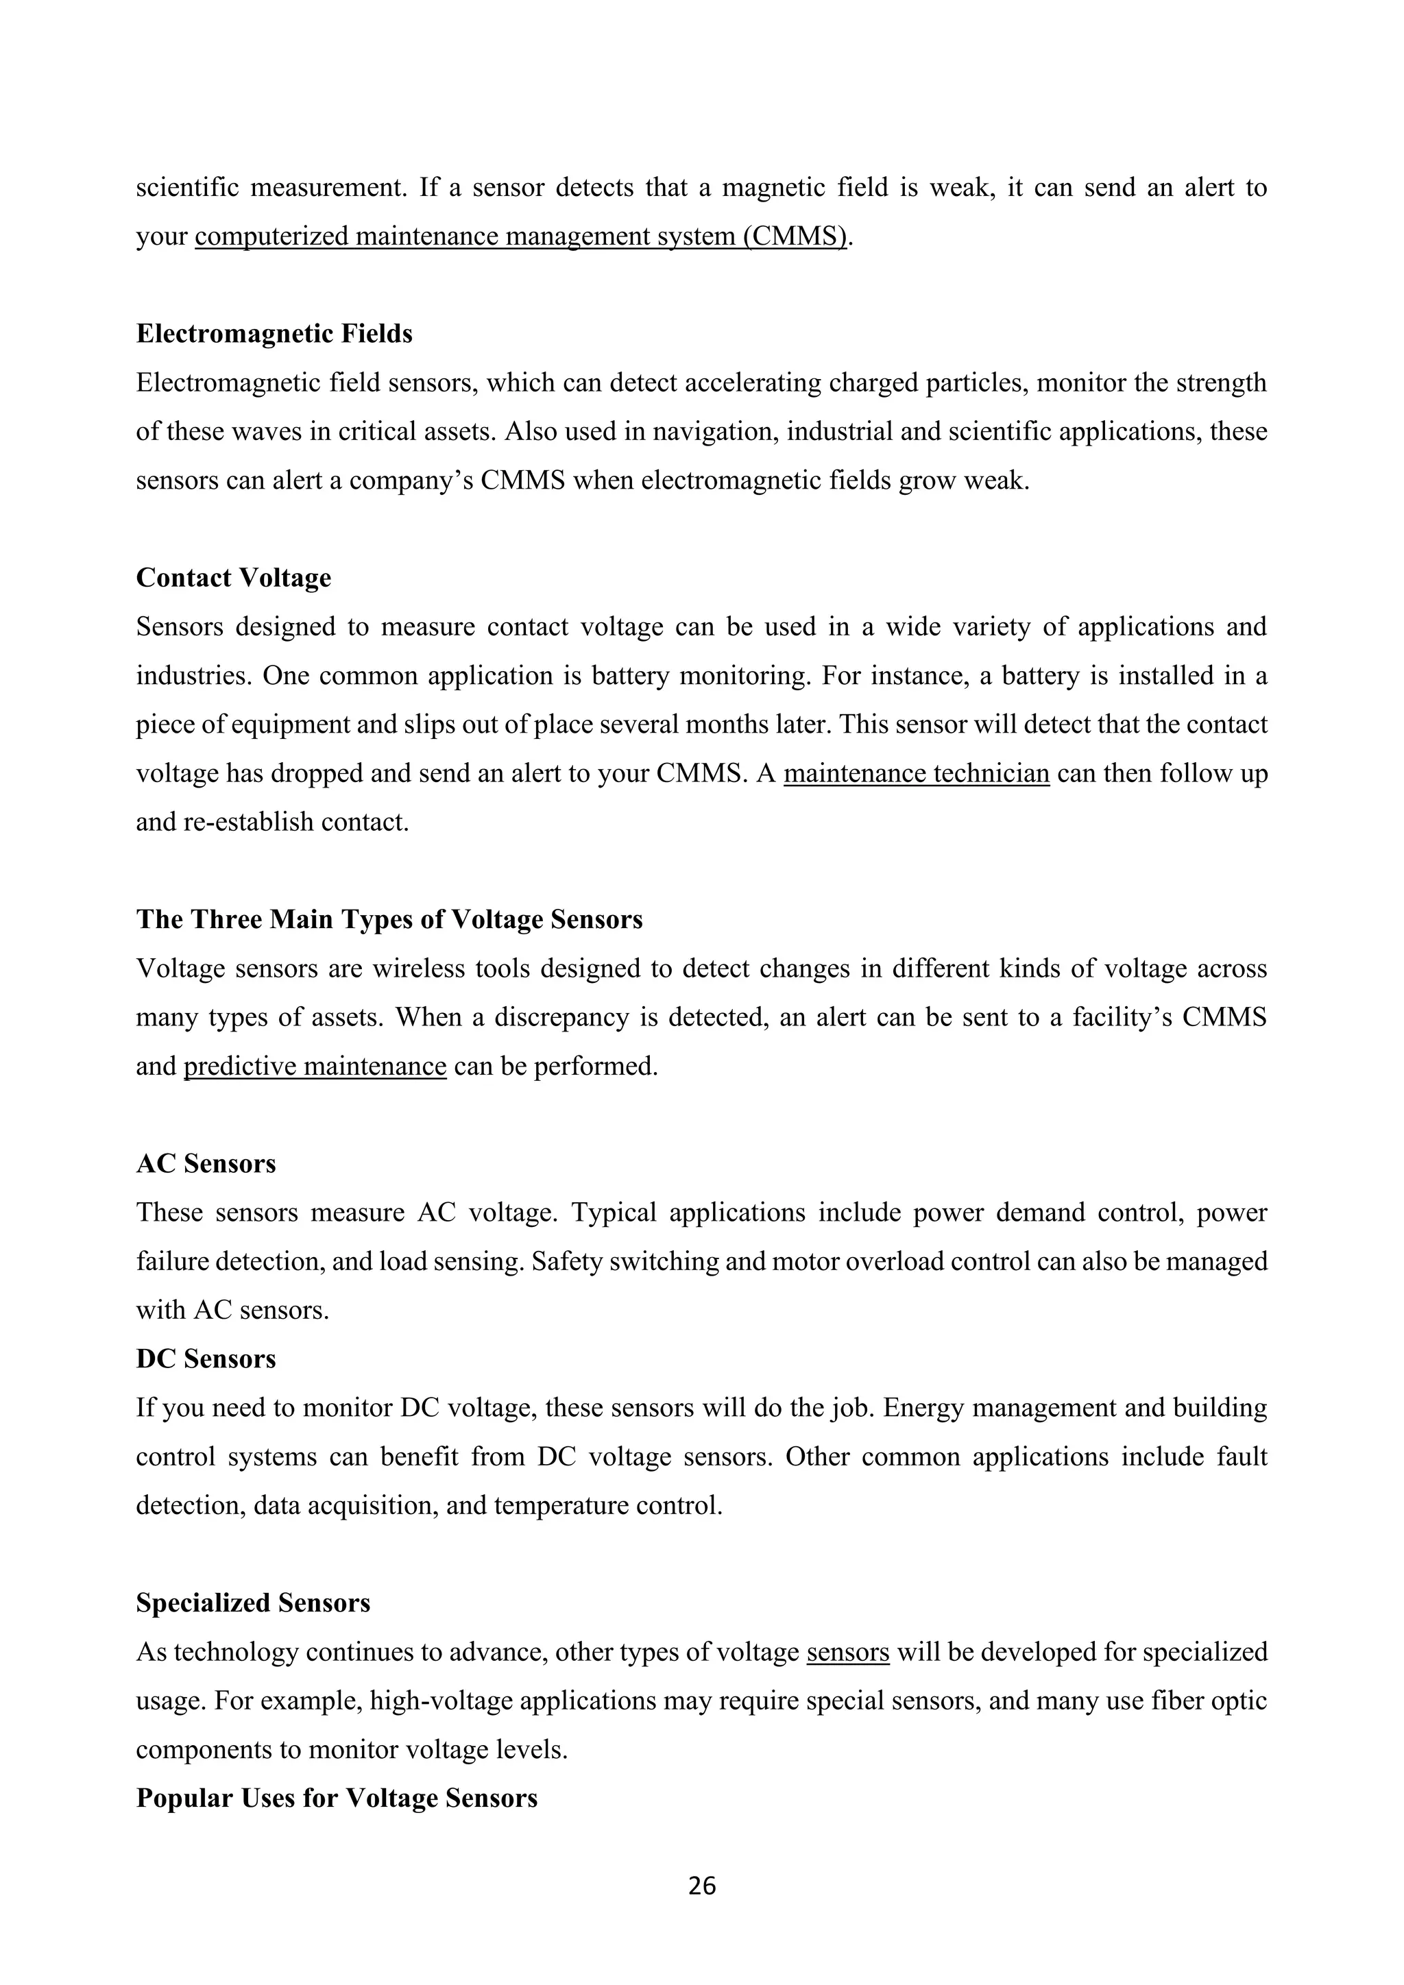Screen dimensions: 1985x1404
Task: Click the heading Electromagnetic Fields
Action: tap(274, 334)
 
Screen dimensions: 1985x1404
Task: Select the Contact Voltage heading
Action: tap(233, 578)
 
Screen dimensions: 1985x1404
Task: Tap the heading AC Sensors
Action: tap(206, 1164)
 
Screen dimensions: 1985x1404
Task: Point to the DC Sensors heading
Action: tap(206, 1359)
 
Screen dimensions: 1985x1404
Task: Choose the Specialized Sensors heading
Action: tap(253, 1603)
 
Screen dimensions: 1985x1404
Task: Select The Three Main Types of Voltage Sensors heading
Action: tap(389, 919)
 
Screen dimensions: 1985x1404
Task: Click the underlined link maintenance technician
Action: tap(917, 773)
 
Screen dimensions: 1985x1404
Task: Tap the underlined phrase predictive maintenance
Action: tap(315, 1066)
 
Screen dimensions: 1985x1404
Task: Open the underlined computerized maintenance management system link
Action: tap(521, 236)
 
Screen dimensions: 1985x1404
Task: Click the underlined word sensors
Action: tap(847, 1652)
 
